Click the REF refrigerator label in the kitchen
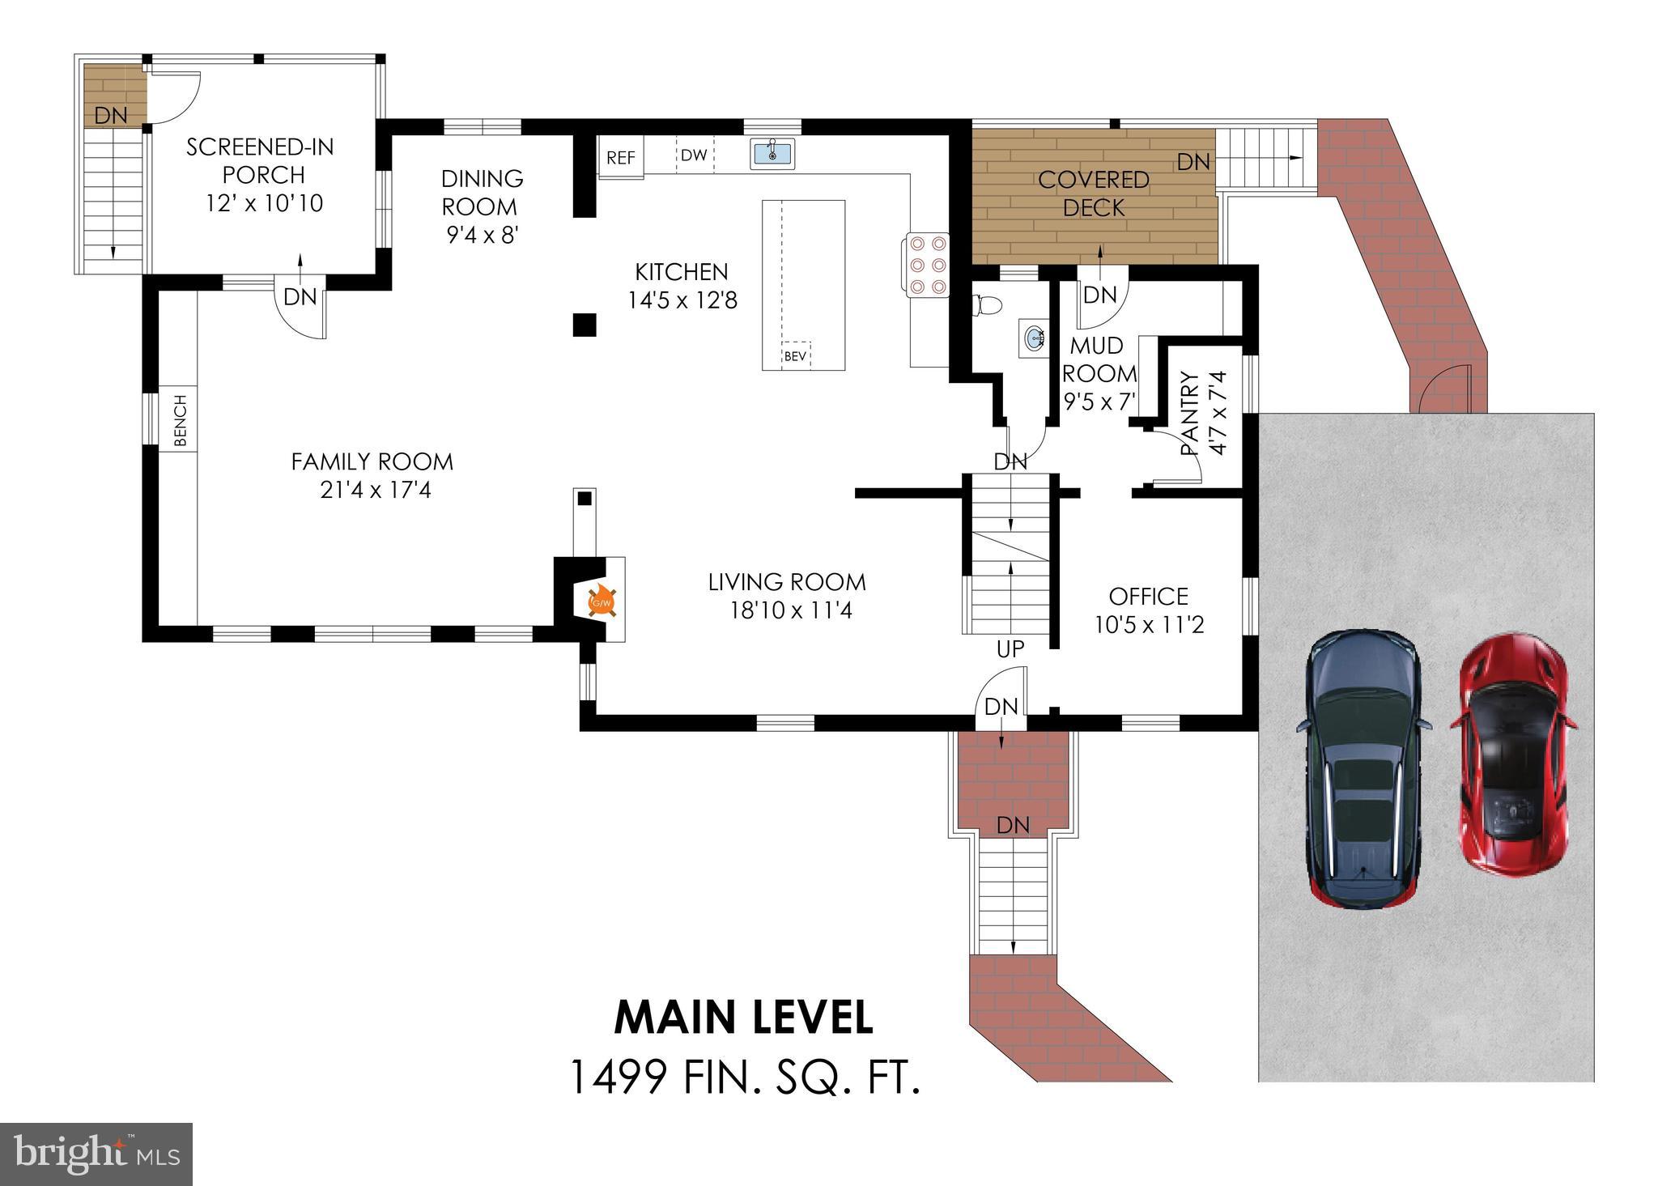[x=621, y=157]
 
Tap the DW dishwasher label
[x=694, y=155]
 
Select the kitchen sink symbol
[x=772, y=153]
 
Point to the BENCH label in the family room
[x=180, y=421]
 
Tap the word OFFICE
[x=1148, y=597]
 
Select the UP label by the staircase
[x=1010, y=648]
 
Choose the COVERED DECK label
[x=1094, y=193]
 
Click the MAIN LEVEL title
[x=744, y=1018]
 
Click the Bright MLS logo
[x=96, y=1154]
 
